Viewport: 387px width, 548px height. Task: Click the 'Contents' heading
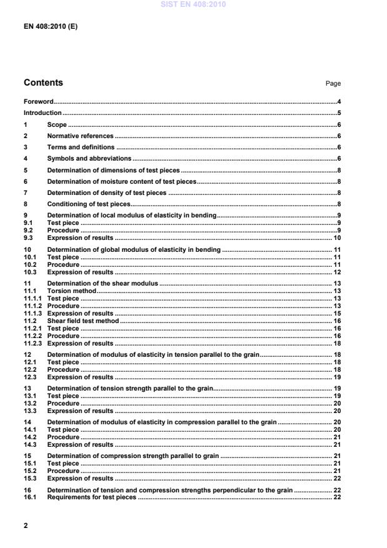coord(43,82)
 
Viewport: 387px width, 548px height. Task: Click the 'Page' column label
coord(334,84)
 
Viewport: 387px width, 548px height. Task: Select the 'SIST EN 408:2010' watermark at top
coord(194,5)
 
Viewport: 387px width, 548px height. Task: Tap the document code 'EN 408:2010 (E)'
coord(51,27)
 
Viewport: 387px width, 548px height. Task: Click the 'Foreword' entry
coord(38,101)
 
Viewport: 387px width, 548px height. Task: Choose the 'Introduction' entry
coord(43,112)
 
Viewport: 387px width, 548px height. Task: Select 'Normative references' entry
coord(80,136)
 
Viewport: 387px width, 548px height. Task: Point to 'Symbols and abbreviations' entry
coord(89,159)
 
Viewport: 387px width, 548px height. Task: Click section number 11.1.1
coord(33,299)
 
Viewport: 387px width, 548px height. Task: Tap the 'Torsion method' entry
coord(72,291)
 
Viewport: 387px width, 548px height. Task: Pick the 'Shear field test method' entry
coord(83,320)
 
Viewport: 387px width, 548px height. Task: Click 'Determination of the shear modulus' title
coord(103,283)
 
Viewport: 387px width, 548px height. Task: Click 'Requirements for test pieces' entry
coord(91,497)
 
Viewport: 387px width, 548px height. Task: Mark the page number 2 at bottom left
coord(26,526)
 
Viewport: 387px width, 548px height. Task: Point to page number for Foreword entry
coord(338,101)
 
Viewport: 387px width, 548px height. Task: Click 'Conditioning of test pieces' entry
coord(88,204)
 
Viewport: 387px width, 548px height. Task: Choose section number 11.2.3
coord(33,343)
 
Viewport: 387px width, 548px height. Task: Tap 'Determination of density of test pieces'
coord(107,192)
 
